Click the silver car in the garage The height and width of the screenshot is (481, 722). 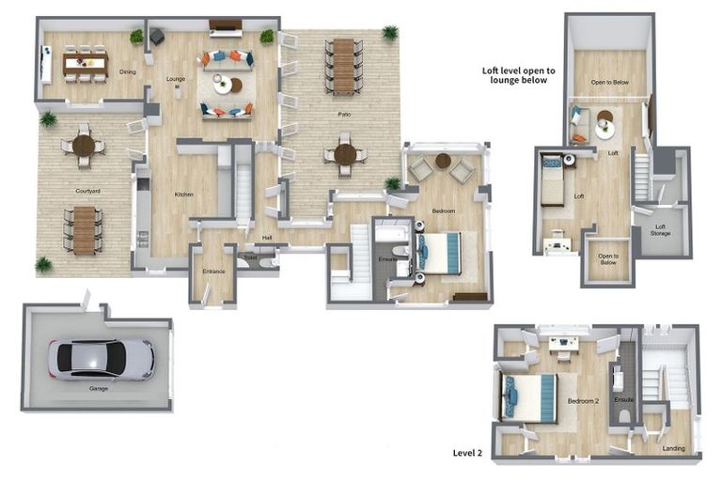tap(102, 359)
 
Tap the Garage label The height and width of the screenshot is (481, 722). tap(99, 388)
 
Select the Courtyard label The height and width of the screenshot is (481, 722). tap(88, 191)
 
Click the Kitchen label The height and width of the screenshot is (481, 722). tap(183, 194)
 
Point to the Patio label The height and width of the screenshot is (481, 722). tap(345, 115)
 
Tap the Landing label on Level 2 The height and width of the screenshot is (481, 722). tap(673, 448)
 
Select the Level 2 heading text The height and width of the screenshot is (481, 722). tap(467, 452)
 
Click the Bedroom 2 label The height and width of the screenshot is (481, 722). tap(583, 401)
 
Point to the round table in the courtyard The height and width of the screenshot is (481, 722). tap(84, 146)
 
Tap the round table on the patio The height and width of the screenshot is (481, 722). tap(345, 153)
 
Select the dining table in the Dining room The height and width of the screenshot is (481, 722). tap(86, 64)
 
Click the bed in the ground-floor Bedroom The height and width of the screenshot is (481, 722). tap(441, 252)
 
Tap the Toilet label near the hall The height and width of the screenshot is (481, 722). tap(250, 256)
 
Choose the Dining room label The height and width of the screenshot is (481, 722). tap(128, 71)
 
